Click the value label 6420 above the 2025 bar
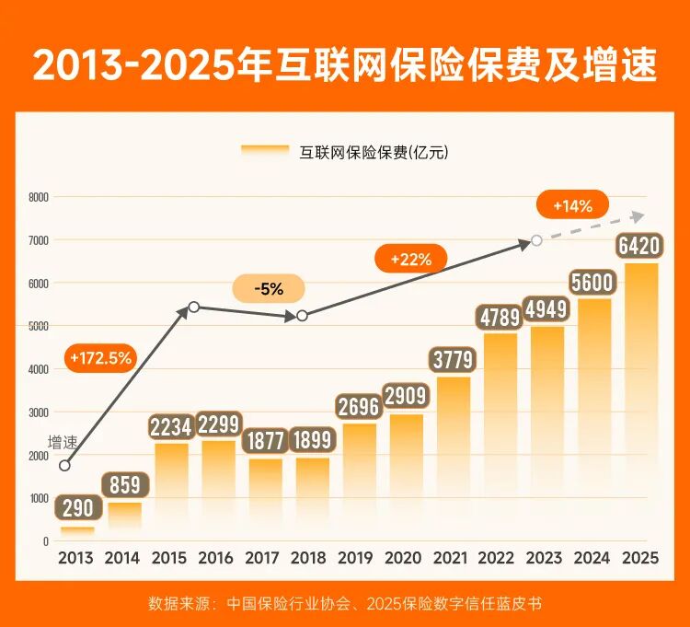tap(639, 246)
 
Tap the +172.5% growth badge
tap(100, 356)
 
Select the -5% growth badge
tap(270, 289)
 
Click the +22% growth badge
tap(410, 260)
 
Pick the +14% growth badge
tap(572, 206)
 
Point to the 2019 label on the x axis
tap(356, 558)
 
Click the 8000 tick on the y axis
tap(38, 197)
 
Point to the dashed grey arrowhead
tap(636, 216)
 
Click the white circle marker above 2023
tap(536, 241)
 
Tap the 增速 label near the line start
tap(63, 443)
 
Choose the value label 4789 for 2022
tap(498, 319)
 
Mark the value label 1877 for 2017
tap(266, 441)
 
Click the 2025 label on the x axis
tap(638, 558)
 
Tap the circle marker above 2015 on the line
tap(193, 307)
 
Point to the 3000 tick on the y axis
tap(38, 412)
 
